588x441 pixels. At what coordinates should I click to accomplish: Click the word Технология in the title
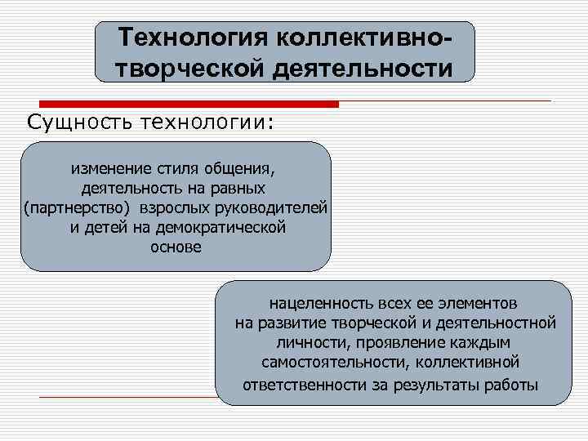tap(194, 37)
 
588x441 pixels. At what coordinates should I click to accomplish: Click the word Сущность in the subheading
tap(79, 122)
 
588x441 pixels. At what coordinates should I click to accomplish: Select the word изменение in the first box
tap(111, 169)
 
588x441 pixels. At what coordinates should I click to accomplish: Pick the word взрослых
tap(172, 207)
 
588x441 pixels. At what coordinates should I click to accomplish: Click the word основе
tap(176, 246)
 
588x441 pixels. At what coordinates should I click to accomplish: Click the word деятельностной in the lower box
tap(499, 323)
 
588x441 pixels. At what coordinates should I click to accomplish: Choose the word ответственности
tap(305, 383)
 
